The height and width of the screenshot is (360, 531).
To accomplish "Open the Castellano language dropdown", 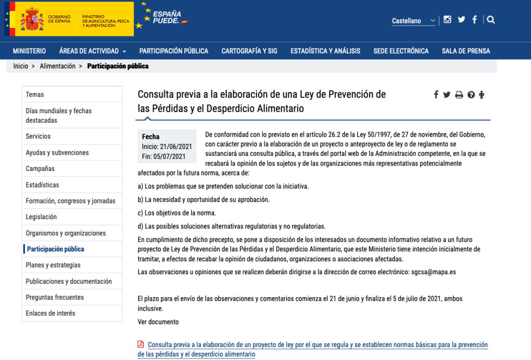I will [414, 21].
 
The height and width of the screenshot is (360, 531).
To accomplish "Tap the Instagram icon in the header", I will [447, 20].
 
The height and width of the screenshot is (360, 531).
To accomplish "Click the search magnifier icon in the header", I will [491, 20].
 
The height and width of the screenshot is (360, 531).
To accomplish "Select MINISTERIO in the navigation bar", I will [29, 51].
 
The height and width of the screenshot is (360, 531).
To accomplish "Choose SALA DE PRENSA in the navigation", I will [466, 51].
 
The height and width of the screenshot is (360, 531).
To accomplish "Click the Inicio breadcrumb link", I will [21, 66].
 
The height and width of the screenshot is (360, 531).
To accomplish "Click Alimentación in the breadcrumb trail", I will [58, 66].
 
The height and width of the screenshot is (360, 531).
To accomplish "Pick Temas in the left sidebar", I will [35, 95].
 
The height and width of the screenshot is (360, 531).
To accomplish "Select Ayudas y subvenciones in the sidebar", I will [57, 153].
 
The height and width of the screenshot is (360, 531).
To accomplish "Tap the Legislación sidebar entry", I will [41, 217].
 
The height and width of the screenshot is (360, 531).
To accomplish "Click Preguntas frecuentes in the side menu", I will [55, 297].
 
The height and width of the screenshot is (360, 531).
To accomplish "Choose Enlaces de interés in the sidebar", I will [50, 313].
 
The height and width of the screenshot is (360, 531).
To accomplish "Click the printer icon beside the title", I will [459, 95].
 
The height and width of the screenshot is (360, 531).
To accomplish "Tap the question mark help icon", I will [471, 95].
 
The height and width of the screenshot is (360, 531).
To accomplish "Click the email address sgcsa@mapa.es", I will [433, 272].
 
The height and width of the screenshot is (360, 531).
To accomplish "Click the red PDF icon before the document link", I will [141, 344].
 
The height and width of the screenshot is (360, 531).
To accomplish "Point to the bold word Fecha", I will [151, 137].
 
